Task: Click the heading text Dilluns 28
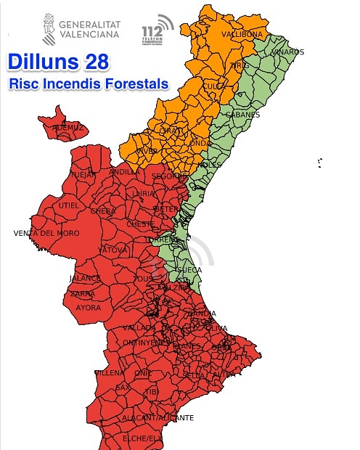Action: click(58, 62)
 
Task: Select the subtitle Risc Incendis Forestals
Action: click(88, 84)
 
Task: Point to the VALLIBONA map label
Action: click(242, 34)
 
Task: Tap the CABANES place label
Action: click(242, 115)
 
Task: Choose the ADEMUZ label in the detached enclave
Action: click(68, 128)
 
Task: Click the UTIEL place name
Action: click(69, 205)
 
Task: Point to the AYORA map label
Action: click(89, 307)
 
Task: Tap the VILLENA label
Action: click(109, 372)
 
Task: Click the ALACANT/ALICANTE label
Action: click(168, 418)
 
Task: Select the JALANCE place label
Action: click(84, 278)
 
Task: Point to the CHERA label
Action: click(102, 211)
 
